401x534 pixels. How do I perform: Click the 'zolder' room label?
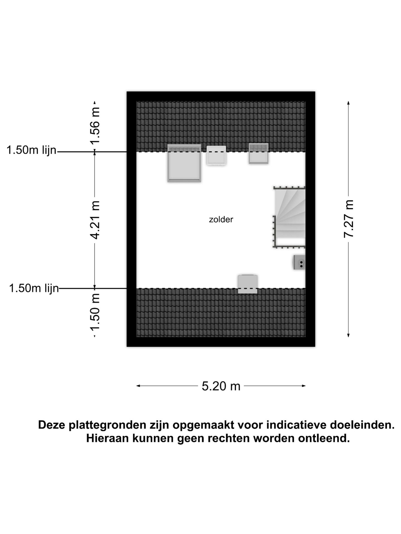pyautogui.click(x=221, y=220)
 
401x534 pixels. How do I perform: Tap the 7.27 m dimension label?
pyautogui.click(x=348, y=219)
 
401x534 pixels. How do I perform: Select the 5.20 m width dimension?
pyautogui.click(x=221, y=386)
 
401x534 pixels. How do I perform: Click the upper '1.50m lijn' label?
pyautogui.click(x=31, y=150)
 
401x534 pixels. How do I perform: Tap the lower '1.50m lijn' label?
pyautogui.click(x=34, y=288)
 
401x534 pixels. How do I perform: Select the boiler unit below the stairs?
pyautogui.click(x=299, y=262)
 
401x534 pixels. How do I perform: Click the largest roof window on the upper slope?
pyautogui.click(x=184, y=163)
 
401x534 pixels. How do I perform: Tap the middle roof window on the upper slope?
pyautogui.click(x=216, y=155)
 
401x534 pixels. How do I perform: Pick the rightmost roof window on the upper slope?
pyautogui.click(x=258, y=154)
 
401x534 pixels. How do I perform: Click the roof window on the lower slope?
pyautogui.click(x=248, y=284)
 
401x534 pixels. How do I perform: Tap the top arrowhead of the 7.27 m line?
pyautogui.click(x=348, y=103)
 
